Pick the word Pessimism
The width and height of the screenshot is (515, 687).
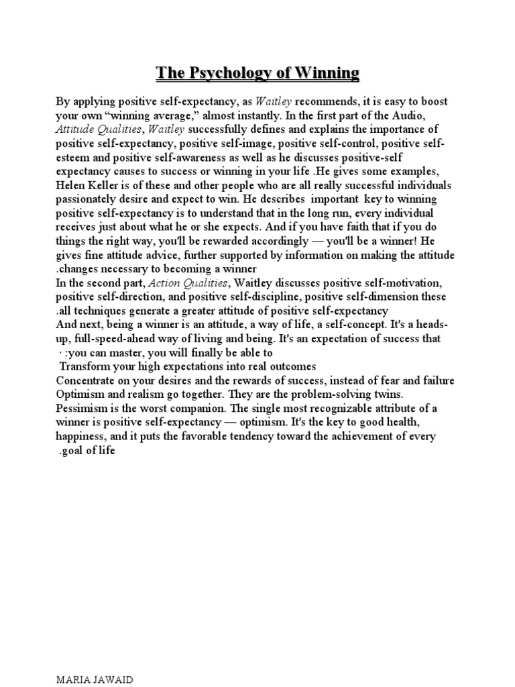(82, 408)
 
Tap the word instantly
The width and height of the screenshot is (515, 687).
(258, 115)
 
